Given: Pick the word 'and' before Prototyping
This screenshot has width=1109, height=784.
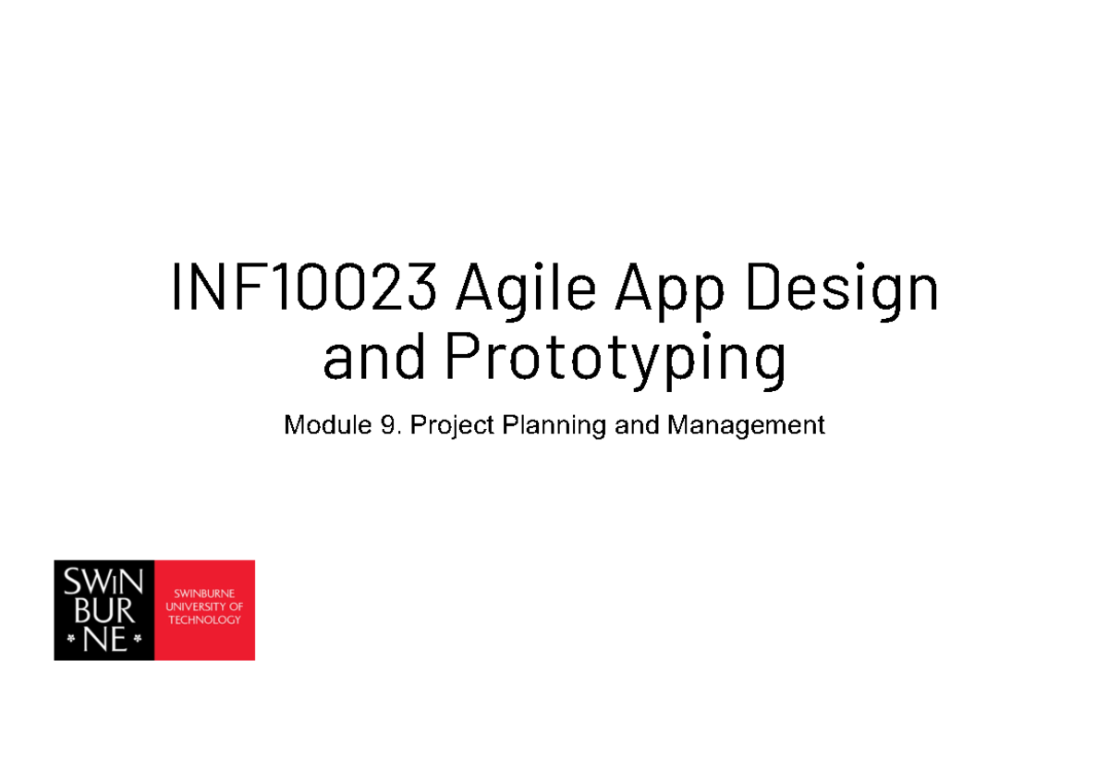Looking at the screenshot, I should click(374, 360).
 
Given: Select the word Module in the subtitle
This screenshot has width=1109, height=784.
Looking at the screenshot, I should click(321, 425).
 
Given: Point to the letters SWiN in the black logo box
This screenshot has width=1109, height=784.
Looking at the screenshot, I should click(104, 584).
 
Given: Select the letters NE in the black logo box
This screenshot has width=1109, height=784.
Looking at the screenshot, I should click(104, 638).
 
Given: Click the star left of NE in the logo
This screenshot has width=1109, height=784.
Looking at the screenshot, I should click(70, 638).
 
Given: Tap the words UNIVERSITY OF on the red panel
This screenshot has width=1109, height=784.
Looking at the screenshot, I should click(204, 606).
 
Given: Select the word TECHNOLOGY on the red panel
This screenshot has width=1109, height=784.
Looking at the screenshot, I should click(204, 619).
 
